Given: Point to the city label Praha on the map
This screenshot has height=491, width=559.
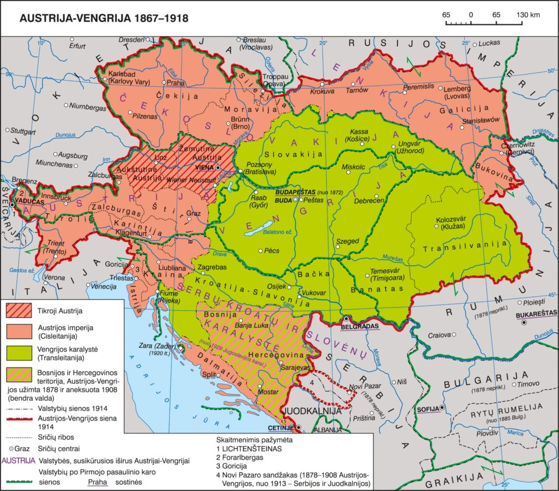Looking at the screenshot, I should pos(176,83).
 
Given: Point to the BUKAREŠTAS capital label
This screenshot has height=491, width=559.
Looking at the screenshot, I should pos(536,314).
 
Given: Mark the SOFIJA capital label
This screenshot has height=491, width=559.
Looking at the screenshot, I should pos(428,409).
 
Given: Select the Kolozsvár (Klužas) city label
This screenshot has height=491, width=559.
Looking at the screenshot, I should pos(454,222).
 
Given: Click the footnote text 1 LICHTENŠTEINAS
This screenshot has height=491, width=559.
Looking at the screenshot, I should pos(249,449).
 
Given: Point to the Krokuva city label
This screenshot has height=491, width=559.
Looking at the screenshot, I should pos(322,91).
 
